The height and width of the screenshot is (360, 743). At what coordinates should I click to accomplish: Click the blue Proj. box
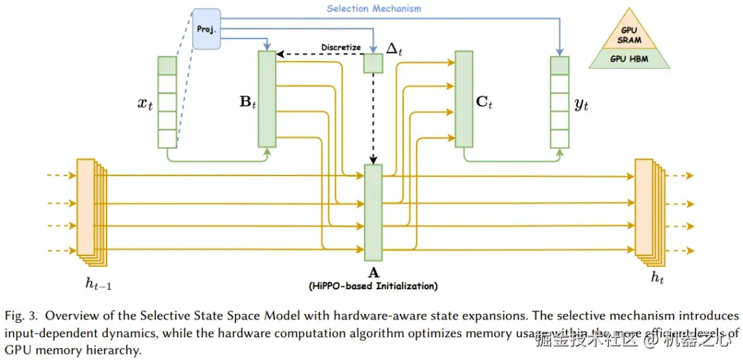coord(206,29)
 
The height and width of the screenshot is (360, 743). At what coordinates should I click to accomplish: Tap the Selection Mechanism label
coord(374,9)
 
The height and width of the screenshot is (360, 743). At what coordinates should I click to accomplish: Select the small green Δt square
coord(373,63)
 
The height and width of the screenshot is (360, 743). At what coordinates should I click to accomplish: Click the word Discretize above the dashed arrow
coord(341,47)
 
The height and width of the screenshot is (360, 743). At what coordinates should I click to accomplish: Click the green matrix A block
coord(373,209)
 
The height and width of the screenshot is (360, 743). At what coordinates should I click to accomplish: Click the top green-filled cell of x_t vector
coord(167,65)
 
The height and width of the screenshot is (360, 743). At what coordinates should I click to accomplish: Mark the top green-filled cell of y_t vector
coord(559,65)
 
